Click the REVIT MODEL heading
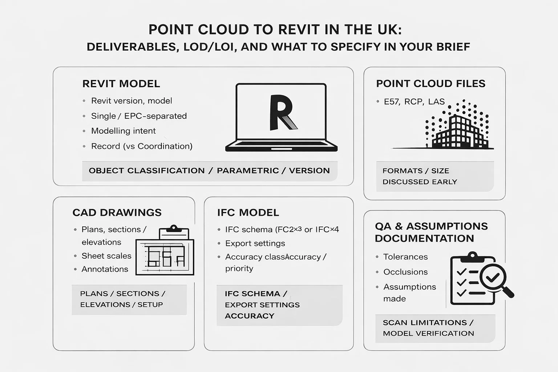pyautogui.click(x=121, y=84)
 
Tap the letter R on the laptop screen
pyautogui.click(x=282, y=113)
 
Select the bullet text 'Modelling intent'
pyautogui.click(x=123, y=131)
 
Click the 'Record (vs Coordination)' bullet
pyautogui.click(x=142, y=146)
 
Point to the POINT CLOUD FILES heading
pyautogui.click(x=430, y=84)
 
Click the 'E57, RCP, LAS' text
pyautogui.click(x=414, y=102)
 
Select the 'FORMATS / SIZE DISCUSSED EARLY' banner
pyautogui.click(x=435, y=176)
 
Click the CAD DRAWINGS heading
pyautogui.click(x=117, y=213)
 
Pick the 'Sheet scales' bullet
pyautogui.click(x=106, y=256)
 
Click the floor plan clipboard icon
pyautogui.click(x=165, y=252)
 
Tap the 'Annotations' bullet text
pyautogui.click(x=105, y=269)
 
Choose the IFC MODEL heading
pyautogui.click(x=248, y=213)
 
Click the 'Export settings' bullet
pyautogui.click(x=255, y=243)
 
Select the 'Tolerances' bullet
pyautogui.click(x=405, y=257)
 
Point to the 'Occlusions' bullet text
pyautogui.click(x=405, y=272)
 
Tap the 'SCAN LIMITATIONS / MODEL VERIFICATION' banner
pyautogui.click(x=435, y=328)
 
